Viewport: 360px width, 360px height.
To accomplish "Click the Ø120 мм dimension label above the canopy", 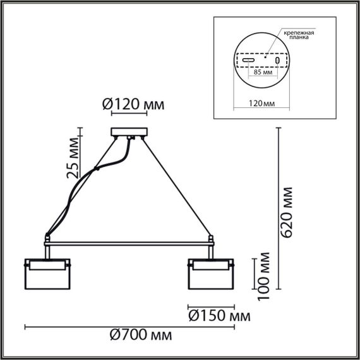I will click(x=133, y=104).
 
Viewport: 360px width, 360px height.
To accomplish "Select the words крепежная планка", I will click(x=299, y=34).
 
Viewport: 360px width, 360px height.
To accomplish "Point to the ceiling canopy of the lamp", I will click(x=129, y=132).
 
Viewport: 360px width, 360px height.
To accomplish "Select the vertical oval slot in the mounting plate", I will click(x=277, y=61).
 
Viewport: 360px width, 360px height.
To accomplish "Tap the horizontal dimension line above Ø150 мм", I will click(x=212, y=306).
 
